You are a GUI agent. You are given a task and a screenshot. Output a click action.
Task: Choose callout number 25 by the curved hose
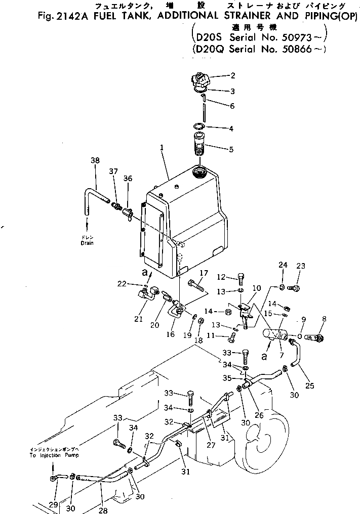[x=310, y=385]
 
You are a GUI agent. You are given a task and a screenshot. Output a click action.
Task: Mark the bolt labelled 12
[x=241, y=278]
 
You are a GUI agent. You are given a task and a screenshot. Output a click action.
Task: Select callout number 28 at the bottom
[x=103, y=510]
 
